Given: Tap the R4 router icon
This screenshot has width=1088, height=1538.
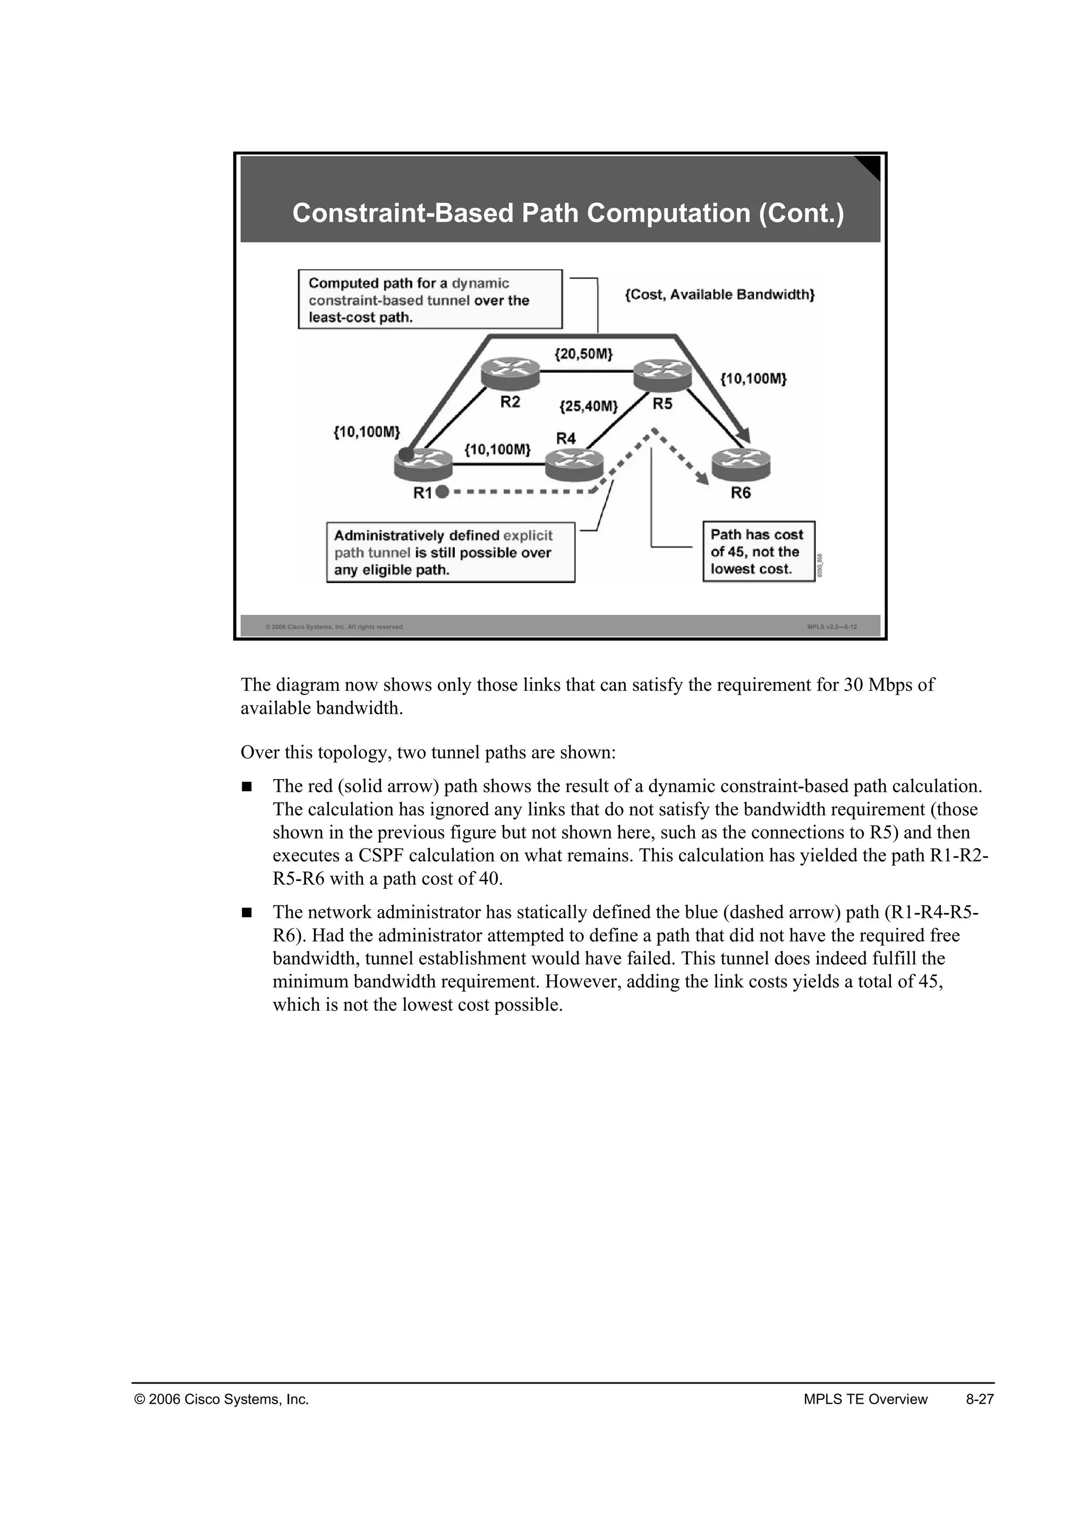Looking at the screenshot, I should point(573,464).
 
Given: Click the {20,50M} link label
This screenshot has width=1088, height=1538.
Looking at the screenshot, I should point(583,354).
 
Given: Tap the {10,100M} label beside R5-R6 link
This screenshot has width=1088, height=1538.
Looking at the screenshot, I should point(753,379).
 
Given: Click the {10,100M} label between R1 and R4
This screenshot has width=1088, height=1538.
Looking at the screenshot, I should point(497,449).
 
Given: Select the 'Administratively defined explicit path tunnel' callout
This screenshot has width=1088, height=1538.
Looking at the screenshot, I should point(450,553).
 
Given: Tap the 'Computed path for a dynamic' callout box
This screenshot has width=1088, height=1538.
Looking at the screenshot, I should point(429,300).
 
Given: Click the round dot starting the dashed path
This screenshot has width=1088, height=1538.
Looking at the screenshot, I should point(441,492).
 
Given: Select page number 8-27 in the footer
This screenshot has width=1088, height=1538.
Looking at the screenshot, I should point(980,1399).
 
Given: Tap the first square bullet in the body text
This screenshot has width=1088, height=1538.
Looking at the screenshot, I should point(246,787).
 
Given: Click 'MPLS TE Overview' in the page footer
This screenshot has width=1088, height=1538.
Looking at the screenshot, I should point(865,1399).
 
